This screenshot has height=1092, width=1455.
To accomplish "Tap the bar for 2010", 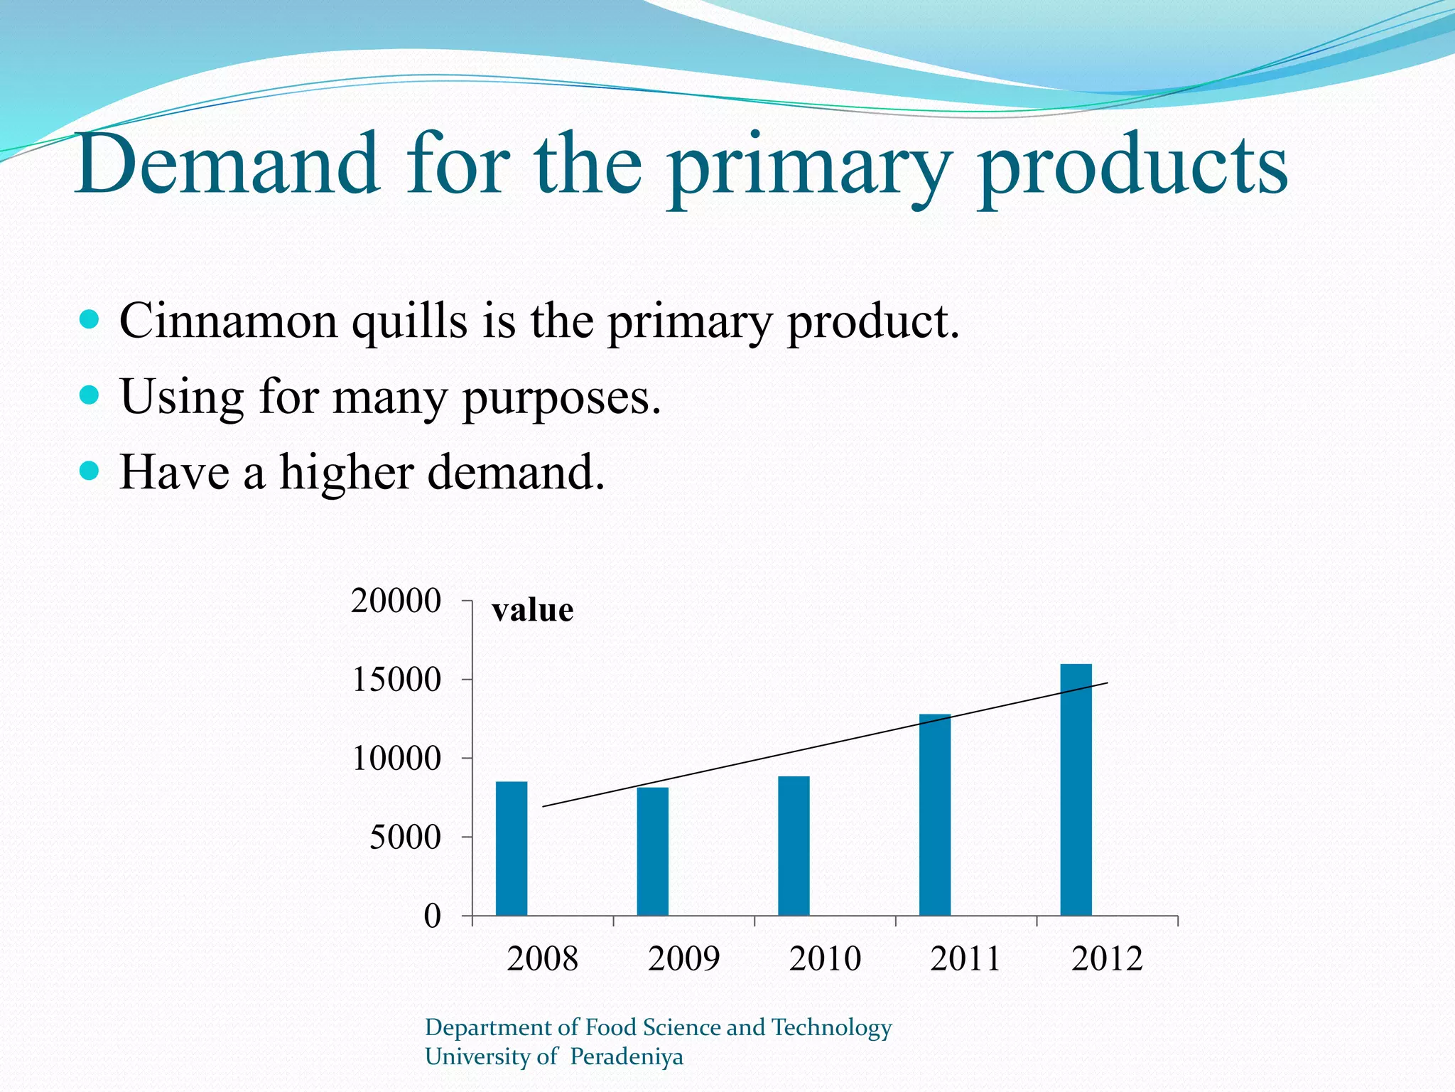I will point(794,845).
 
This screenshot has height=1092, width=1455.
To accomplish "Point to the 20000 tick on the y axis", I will point(396,601).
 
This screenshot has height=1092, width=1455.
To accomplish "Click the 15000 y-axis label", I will point(396,680).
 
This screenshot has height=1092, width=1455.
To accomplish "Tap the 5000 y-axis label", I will point(405,837).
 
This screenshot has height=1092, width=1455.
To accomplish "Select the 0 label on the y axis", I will point(432,916).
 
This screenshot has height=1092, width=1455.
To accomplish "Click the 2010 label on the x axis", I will point(825,958).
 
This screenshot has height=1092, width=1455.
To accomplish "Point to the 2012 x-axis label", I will point(1107,958).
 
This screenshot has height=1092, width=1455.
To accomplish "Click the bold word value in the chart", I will point(532,610).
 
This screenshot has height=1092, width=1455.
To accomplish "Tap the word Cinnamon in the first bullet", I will point(228,321).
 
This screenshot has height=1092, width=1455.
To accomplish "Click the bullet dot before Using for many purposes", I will point(89,395).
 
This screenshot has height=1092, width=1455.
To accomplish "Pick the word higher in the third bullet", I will point(347,473).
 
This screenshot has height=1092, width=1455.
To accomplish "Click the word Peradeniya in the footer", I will point(626,1056).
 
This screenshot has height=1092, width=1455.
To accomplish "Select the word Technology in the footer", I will point(831,1028).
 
